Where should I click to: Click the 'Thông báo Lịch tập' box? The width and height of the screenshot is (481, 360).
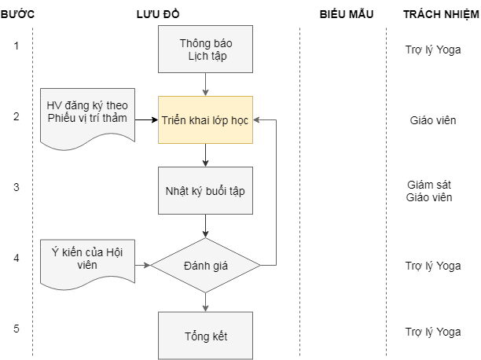[205, 49]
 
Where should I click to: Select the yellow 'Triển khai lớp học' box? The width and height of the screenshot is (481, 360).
[205, 120]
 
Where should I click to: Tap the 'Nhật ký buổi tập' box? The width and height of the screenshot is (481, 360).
[205, 191]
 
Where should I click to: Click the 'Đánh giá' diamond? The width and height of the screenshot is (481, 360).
[205, 266]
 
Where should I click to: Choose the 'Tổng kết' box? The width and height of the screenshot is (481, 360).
[205, 336]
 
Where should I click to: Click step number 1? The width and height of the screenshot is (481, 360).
[17, 46]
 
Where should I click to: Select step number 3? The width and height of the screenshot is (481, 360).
[17, 187]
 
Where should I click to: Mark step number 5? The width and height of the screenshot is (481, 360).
[17, 329]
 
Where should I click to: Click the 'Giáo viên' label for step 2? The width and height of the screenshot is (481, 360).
[432, 120]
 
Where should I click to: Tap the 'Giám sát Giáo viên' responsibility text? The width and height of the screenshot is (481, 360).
[429, 191]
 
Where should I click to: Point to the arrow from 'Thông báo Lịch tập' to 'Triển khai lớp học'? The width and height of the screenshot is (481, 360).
[205, 84]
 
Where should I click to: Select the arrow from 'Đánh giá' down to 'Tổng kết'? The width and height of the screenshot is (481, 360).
[205, 302]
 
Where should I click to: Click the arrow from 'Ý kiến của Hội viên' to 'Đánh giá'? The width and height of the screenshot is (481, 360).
[142, 266]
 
